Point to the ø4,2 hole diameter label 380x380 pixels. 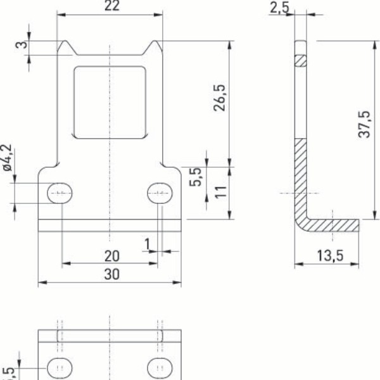8,158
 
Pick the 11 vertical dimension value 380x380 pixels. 220,193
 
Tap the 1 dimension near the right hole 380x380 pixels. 147,244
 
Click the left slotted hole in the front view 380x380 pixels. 61,193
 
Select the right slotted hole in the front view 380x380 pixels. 160,193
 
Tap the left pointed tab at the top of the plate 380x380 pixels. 65,46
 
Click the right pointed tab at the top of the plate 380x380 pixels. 154,46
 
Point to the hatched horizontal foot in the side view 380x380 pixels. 331,224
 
